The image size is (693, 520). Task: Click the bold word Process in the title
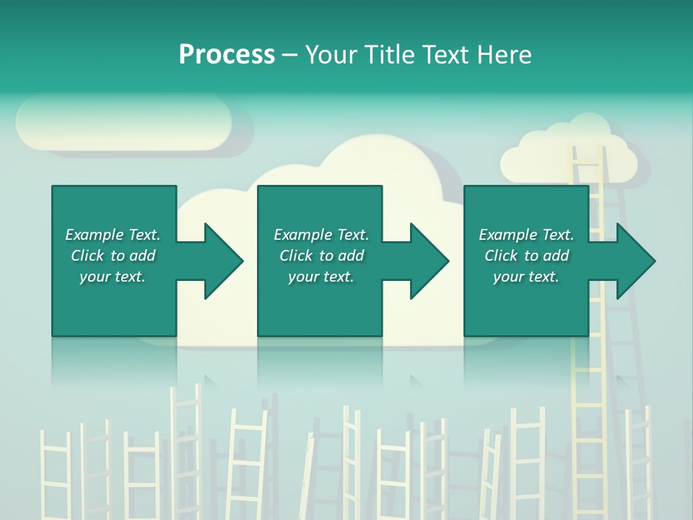tap(227, 55)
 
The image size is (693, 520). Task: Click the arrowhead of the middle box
tap(428, 261)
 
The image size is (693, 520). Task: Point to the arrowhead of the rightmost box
tap(635, 261)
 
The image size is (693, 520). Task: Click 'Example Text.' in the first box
tap(113, 235)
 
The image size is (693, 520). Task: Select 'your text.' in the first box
tap(113, 277)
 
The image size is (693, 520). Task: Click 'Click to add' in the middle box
tap(321, 256)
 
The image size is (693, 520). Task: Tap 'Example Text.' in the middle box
tap(321, 235)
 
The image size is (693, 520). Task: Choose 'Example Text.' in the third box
tap(526, 235)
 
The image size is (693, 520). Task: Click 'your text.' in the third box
tap(526, 277)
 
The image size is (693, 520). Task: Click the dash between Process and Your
tap(289, 55)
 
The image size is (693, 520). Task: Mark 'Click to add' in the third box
tap(526, 256)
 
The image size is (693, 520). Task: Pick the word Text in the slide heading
tap(445, 55)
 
